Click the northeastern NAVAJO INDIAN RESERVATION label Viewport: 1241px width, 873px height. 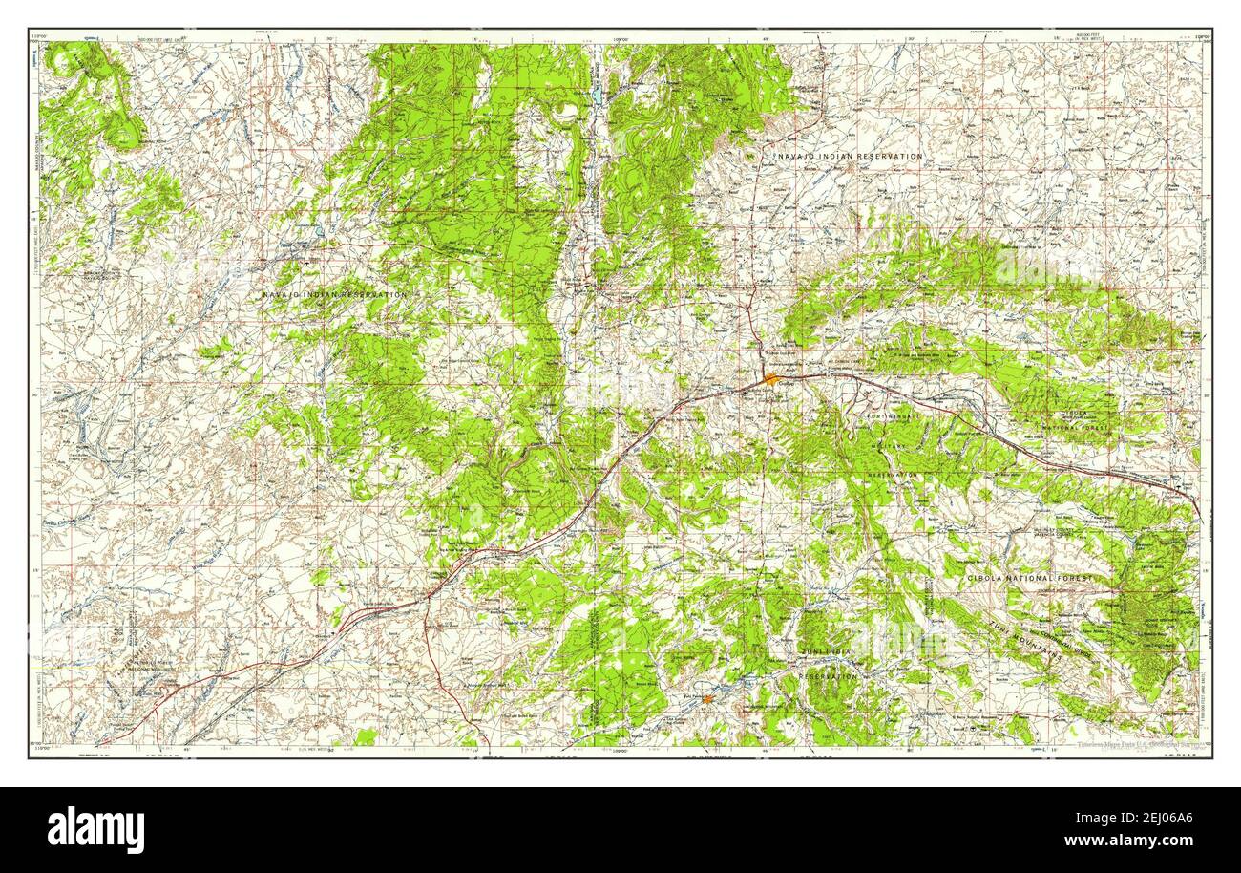(x=849, y=156)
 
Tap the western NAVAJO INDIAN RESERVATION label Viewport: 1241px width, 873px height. (x=334, y=295)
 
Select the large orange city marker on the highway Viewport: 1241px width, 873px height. (x=770, y=380)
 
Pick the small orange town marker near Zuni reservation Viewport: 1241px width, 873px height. (x=708, y=698)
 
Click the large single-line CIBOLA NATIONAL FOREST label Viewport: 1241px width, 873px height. (x=1028, y=579)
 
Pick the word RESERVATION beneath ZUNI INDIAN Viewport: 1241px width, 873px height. (x=829, y=676)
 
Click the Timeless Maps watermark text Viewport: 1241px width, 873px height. (x=1142, y=743)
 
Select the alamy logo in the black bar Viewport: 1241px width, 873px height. (x=95, y=829)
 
